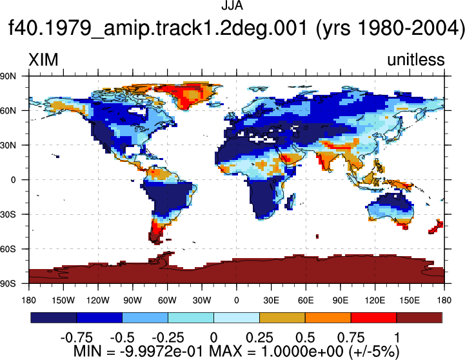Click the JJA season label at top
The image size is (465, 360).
coord(232,6)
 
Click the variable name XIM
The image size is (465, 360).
coord(43,60)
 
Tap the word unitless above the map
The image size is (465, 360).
coord(416,59)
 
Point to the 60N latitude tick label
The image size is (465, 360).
coord(8,111)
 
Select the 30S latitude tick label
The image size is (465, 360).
coord(8,214)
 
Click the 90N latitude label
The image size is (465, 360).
coord(8,76)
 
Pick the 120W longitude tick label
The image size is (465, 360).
coord(98,301)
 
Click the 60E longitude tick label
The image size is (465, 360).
coord(306,301)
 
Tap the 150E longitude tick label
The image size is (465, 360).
coord(410,301)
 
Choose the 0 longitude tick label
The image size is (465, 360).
coord(236,301)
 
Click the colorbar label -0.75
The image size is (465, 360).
coord(77,338)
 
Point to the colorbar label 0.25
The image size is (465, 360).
coord(259,338)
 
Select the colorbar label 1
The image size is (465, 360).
coord(397,338)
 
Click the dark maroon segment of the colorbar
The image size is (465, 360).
coord(419,317)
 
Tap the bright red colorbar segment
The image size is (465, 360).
coord(373,317)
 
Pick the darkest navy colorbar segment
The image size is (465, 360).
coord(54,317)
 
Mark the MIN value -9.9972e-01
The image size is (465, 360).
coord(162,352)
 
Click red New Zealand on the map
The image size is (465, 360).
coord(435,227)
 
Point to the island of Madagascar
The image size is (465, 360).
coord(291,201)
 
